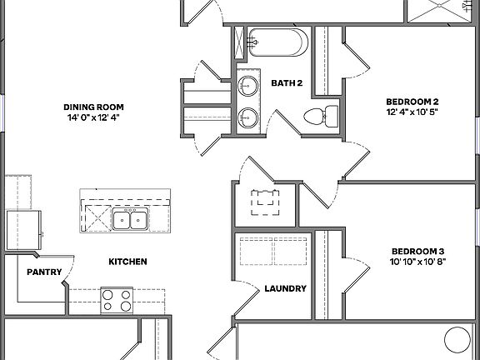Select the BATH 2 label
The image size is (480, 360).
[x=286, y=82]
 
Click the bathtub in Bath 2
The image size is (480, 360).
[x=278, y=42]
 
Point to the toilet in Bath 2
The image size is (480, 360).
[x=321, y=116]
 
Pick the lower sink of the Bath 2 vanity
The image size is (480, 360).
[x=247, y=115]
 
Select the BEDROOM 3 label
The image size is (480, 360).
[x=417, y=251]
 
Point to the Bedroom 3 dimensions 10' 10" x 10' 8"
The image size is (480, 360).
[x=417, y=262]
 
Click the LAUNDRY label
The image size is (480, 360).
[x=285, y=289]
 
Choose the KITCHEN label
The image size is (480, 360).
[x=127, y=262]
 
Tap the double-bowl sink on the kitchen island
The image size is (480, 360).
[x=131, y=220]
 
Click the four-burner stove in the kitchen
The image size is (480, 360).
[x=117, y=300]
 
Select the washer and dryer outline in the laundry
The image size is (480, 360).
[x=273, y=251]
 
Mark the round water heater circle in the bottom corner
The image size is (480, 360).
[x=457, y=340]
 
